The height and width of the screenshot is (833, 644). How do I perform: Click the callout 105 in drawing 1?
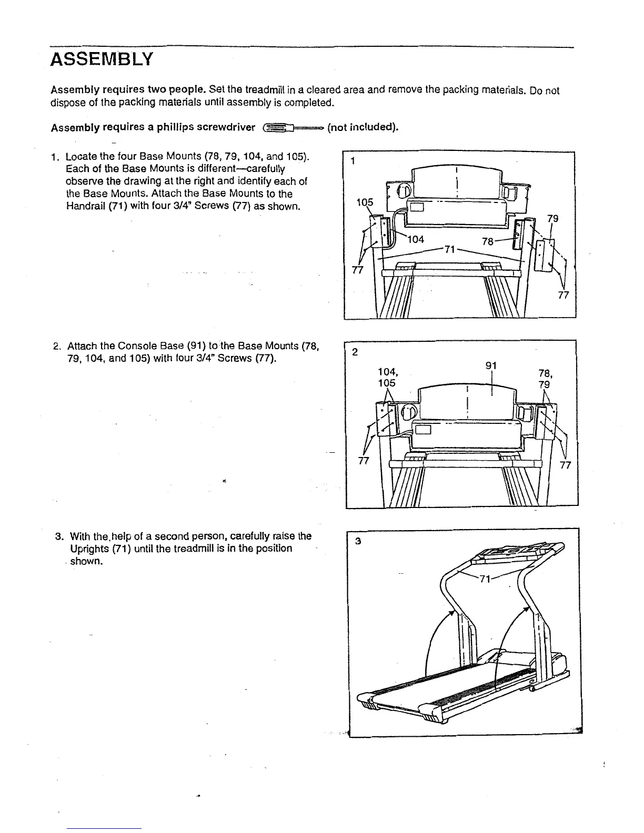365,203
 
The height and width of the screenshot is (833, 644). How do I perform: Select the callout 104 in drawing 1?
416,240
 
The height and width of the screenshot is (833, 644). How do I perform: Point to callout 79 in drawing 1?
552,219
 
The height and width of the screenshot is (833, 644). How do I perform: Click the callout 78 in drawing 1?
488,241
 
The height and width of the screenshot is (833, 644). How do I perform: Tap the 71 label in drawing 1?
449,249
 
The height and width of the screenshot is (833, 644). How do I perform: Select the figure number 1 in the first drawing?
353,161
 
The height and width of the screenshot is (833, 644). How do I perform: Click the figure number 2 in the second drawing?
355,352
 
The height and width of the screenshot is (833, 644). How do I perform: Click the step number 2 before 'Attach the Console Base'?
56,347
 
